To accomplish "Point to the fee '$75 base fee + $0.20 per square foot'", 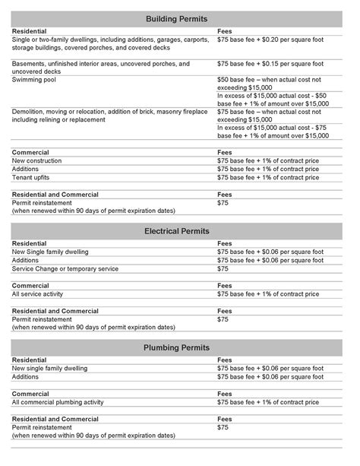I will [270, 38].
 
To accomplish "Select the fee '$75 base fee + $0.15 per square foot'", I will [270, 64].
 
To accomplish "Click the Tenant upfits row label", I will [31, 178].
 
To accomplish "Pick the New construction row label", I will [37, 161].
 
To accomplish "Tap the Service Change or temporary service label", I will [67, 269].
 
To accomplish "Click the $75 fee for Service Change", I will [223, 269].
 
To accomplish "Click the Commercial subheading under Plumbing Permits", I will [31, 394].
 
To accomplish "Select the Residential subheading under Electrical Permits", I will [30, 243].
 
